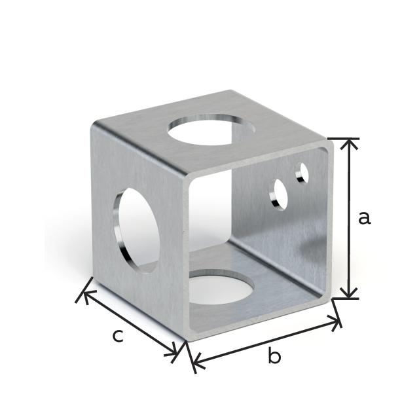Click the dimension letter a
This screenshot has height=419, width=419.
[x=364, y=217]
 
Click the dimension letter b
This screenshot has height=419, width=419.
[x=274, y=357]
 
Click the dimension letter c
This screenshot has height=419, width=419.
[x=117, y=336]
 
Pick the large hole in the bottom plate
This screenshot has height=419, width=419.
[x=221, y=288]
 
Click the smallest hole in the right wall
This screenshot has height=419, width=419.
[x=302, y=173]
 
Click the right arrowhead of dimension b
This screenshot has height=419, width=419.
[x=338, y=321]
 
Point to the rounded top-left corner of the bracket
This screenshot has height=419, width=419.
[x=97, y=124]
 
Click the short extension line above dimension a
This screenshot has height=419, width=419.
[x=343, y=139]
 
